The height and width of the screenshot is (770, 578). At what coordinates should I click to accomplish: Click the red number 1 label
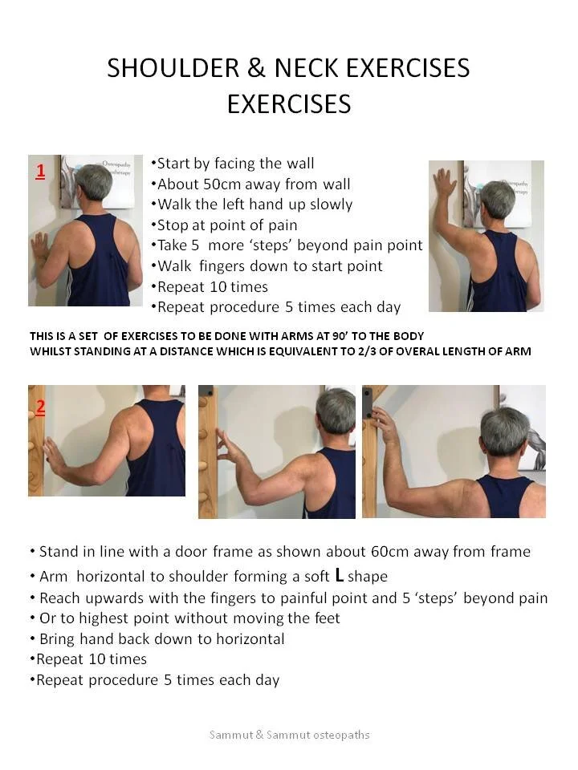pyautogui.click(x=40, y=171)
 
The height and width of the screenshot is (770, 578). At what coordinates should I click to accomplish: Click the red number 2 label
pyautogui.click(x=40, y=406)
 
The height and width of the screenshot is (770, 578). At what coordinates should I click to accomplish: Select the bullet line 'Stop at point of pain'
pyautogui.click(x=226, y=225)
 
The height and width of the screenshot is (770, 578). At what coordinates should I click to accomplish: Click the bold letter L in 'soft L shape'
pyautogui.click(x=340, y=575)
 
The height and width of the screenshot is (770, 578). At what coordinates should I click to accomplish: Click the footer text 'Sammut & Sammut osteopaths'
pyautogui.click(x=289, y=735)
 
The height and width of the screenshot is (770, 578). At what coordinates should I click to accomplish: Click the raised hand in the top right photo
pyautogui.click(x=445, y=184)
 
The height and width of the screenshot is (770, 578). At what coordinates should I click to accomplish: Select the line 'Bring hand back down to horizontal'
pyautogui.click(x=161, y=638)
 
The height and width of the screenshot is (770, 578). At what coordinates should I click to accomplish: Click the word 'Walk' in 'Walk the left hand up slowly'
pyautogui.click(x=174, y=204)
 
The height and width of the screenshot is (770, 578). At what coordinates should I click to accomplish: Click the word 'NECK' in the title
pyautogui.click(x=309, y=68)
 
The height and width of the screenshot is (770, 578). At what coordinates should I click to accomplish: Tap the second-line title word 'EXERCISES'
pyautogui.click(x=289, y=104)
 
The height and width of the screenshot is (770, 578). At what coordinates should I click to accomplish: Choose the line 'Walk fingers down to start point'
pyautogui.click(x=270, y=265)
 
